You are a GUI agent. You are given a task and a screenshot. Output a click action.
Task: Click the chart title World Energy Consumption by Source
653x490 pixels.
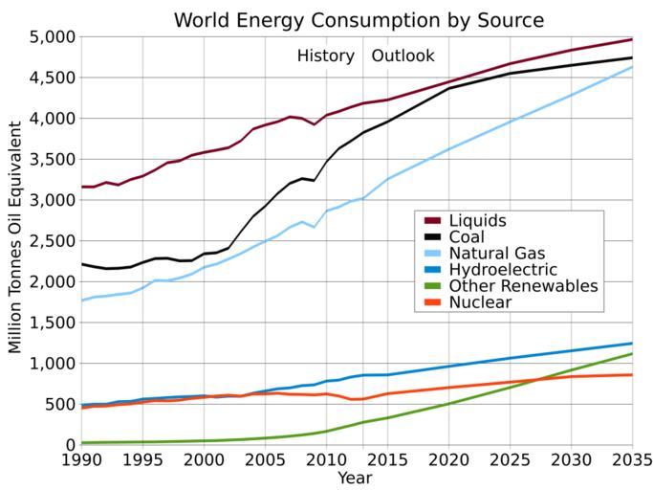point(359,20)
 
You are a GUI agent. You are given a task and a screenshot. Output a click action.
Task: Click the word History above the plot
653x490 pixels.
point(325,56)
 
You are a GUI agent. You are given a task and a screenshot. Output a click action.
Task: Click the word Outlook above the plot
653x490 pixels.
point(403,56)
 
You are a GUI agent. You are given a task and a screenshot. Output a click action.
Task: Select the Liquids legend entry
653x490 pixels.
point(478,221)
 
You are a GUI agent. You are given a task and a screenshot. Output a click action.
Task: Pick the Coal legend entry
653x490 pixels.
point(467,237)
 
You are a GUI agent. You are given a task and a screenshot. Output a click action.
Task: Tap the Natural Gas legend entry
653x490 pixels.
point(496,254)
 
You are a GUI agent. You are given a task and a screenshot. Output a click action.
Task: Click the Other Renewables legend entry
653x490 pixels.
point(522,286)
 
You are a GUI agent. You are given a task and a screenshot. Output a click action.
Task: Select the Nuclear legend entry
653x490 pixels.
point(480,302)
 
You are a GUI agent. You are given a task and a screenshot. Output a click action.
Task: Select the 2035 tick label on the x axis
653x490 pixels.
point(631,461)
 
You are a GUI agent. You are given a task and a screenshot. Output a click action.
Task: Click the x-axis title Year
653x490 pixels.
point(355,478)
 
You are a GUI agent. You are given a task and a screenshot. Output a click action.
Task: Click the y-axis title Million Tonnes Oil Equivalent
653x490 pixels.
point(15,241)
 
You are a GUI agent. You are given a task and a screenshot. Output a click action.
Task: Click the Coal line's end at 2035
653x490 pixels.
point(632,58)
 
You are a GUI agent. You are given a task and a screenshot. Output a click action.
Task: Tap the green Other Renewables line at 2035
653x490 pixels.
point(632,354)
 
